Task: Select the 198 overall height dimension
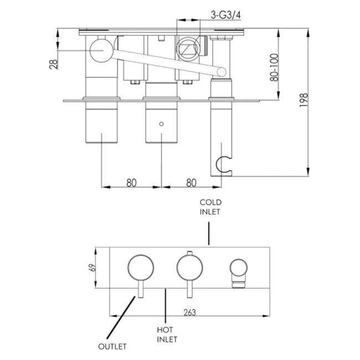pyautogui.click(x=304, y=100)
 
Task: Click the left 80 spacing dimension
pyautogui.click(x=131, y=182)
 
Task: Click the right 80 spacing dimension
pyautogui.click(x=191, y=182)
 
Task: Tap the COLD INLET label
pyautogui.click(x=210, y=207)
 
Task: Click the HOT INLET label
pyautogui.click(x=166, y=333)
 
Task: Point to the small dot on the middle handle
pyautogui.click(x=161, y=125)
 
